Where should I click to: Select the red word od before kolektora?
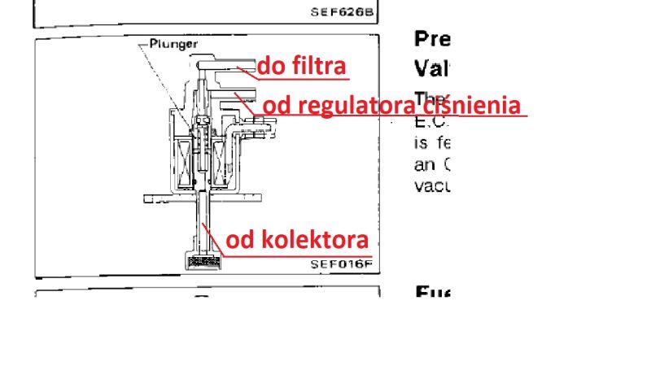pos(238,240)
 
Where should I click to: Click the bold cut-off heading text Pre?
pos(432,38)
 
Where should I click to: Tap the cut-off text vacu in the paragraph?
pos(430,185)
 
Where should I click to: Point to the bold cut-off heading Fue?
pos(432,292)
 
